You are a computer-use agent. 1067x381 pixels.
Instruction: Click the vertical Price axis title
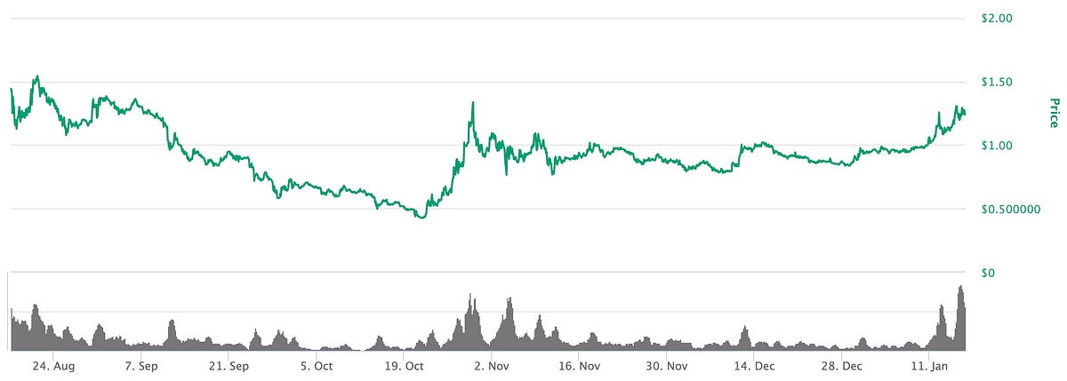pos(1054,113)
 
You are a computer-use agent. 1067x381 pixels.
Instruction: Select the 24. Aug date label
pos(52,365)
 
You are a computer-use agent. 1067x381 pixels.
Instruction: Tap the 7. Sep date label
pos(140,365)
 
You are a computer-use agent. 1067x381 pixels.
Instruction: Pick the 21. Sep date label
pos(228,365)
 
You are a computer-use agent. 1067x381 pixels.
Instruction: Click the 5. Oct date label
pos(316,365)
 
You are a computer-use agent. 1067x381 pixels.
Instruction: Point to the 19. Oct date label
pos(403,365)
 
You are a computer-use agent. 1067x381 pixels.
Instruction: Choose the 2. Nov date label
pos(491,365)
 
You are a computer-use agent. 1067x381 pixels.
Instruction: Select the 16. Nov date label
pos(578,365)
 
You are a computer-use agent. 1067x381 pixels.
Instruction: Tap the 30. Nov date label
pos(666,365)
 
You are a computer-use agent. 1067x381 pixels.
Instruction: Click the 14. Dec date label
pos(753,365)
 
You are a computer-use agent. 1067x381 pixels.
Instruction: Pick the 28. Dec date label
pos(841,365)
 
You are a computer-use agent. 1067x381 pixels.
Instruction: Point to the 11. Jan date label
pos(928,365)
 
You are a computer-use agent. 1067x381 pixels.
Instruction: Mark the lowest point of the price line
pos(421,217)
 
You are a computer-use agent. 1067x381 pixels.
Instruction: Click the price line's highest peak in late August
pos(36,76)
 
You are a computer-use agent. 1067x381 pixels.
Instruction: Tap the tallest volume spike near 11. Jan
pos(960,287)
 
